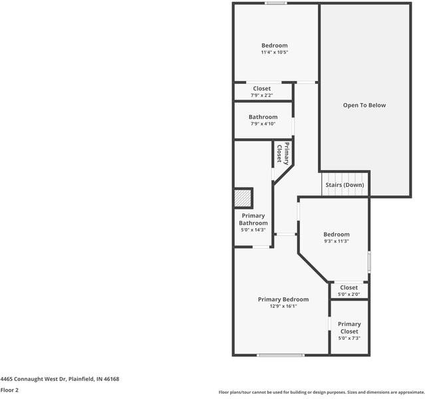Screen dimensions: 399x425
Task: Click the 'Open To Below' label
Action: click(364, 105)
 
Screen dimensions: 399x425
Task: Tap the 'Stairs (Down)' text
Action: click(345, 185)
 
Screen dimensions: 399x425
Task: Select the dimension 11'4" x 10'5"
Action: click(274, 53)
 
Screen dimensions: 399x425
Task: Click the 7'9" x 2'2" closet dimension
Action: click(261, 96)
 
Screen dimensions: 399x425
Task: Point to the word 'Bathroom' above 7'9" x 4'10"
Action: click(263, 117)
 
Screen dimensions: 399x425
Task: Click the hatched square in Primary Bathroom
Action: click(243, 199)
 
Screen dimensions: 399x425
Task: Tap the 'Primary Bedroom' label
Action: click(283, 299)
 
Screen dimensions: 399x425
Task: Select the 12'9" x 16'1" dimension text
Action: click(283, 307)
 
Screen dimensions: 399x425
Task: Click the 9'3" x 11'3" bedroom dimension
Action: click(336, 241)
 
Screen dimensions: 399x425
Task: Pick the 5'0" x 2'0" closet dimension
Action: click(349, 295)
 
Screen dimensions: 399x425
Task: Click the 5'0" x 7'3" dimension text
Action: click(349, 338)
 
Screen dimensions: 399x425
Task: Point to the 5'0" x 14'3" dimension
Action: click(253, 230)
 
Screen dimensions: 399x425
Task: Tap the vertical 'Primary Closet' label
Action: click(283, 154)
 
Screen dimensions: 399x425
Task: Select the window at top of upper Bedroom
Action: click(276, 4)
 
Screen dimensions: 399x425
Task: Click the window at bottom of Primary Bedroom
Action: click(281, 355)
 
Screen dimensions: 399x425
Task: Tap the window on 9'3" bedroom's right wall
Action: click(369, 261)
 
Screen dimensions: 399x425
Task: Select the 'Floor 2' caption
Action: click(9, 390)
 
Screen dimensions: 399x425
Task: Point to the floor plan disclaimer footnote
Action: click(321, 392)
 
